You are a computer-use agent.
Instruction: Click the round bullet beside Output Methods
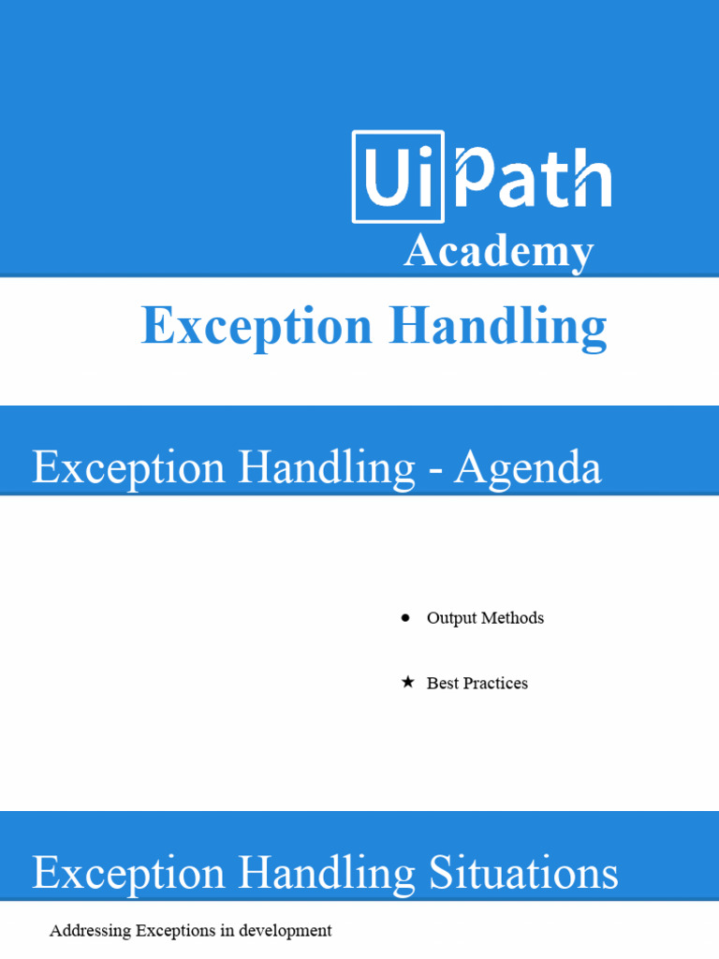pyautogui.click(x=405, y=618)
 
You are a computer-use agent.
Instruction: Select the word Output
pyautogui.click(x=451, y=618)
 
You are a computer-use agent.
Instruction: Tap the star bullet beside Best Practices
pyautogui.click(x=406, y=683)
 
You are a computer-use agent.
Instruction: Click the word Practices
pyautogui.click(x=494, y=684)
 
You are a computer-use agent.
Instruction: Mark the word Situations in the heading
pyautogui.click(x=523, y=874)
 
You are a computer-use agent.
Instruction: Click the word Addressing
pyautogui.click(x=90, y=931)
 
